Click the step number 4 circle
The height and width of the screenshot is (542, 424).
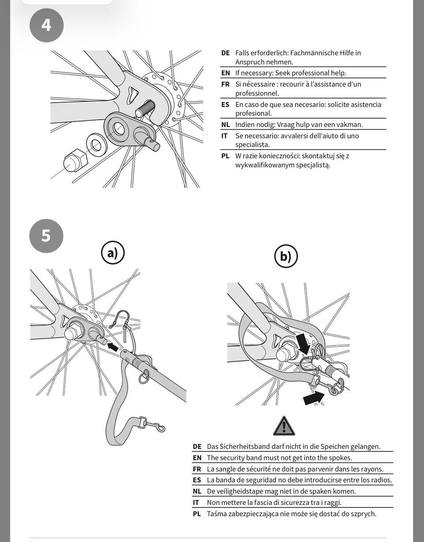(46, 25)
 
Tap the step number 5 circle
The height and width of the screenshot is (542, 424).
(46, 235)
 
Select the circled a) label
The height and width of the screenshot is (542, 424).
(112, 253)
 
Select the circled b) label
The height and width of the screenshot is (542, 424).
(286, 256)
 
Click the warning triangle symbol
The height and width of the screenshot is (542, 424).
(284, 426)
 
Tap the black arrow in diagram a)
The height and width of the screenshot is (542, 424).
(113, 347)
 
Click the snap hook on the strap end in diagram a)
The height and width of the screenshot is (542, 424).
(153, 426)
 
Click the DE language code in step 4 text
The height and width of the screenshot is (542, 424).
(226, 53)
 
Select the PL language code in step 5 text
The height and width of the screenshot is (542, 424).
(197, 514)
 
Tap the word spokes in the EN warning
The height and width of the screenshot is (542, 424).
(340, 458)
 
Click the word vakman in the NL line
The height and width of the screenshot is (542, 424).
(349, 125)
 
